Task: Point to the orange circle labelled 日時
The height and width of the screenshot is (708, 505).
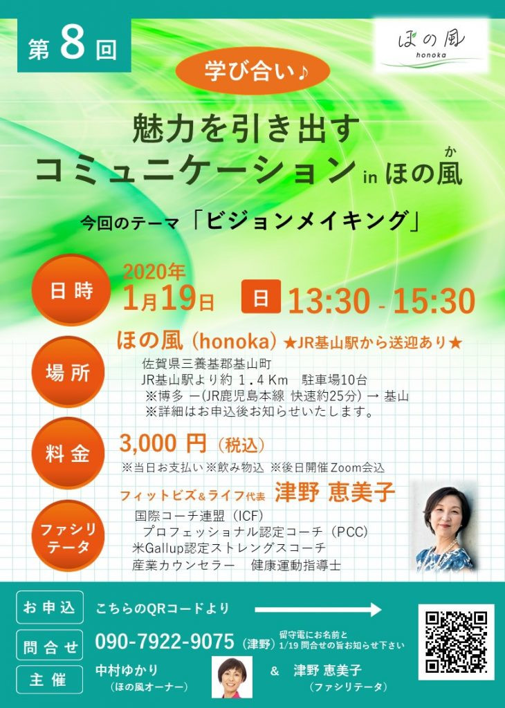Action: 71,290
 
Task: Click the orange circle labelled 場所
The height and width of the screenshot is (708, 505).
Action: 68,373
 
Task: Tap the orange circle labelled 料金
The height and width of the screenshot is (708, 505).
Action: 68,454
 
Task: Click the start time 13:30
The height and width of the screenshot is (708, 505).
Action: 329,301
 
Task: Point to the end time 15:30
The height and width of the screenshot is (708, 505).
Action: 434,301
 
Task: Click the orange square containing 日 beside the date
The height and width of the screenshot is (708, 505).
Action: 261,297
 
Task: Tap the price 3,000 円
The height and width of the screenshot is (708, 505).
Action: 163,445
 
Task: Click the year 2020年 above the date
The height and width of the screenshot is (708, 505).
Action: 154,272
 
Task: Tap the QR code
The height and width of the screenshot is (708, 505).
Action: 456,641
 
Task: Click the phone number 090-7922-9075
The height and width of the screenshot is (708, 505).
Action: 165,641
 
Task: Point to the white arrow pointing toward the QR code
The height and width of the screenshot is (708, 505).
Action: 318,610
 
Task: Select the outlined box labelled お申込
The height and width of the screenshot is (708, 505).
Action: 50,607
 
